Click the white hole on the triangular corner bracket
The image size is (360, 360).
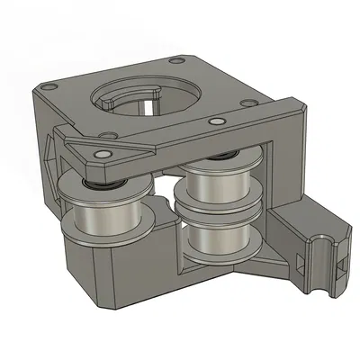coord(104,156)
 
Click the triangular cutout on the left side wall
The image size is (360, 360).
coord(50,153)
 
